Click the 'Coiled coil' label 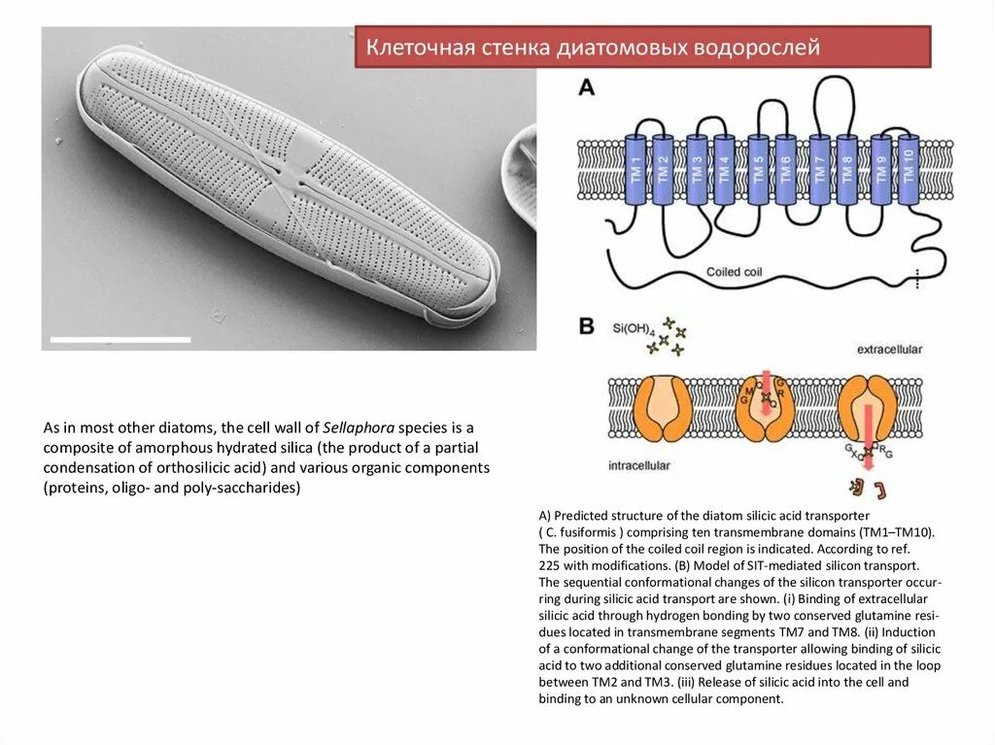[736, 272]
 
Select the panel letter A [587, 86]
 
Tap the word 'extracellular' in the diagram [889, 349]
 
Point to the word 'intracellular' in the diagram [640, 465]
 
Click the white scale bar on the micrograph [120, 339]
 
